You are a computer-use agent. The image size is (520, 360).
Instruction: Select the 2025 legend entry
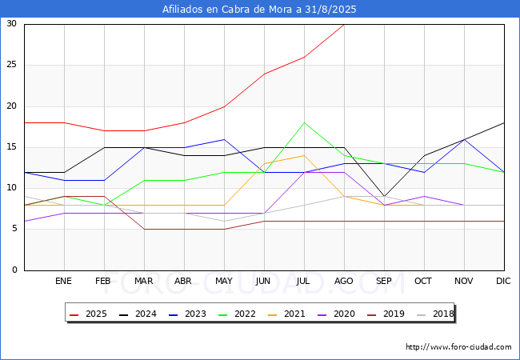[x=88, y=314]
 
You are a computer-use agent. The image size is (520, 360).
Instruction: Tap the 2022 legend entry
[x=237, y=314]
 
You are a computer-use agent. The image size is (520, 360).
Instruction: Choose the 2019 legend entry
[x=386, y=314]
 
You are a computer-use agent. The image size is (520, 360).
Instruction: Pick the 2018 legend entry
[x=435, y=314]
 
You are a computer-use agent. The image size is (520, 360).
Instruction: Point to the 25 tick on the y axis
[x=12, y=64]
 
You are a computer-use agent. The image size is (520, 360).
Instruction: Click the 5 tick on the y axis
[x=14, y=229]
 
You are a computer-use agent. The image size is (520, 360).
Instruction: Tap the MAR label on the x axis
[x=143, y=281]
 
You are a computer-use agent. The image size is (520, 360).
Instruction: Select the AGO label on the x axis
[x=343, y=281]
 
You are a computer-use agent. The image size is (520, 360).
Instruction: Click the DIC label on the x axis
[x=503, y=281]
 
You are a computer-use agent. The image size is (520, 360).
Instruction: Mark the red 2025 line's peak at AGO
[x=344, y=25]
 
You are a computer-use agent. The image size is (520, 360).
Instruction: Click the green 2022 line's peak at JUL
[x=304, y=123]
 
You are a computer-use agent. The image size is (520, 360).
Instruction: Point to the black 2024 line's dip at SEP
[x=384, y=197]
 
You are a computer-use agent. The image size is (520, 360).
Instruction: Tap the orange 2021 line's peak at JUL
[x=304, y=155]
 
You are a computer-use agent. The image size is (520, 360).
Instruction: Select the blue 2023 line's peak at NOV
[x=464, y=139]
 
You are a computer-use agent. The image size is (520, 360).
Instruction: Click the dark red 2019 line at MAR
[x=144, y=229]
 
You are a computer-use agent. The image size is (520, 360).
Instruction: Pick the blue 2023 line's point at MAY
[x=225, y=139]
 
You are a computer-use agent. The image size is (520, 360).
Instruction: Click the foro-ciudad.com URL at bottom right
[x=458, y=347]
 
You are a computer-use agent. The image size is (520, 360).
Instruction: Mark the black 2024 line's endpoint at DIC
[x=504, y=123]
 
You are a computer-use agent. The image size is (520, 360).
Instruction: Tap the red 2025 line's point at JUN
[x=264, y=74]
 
